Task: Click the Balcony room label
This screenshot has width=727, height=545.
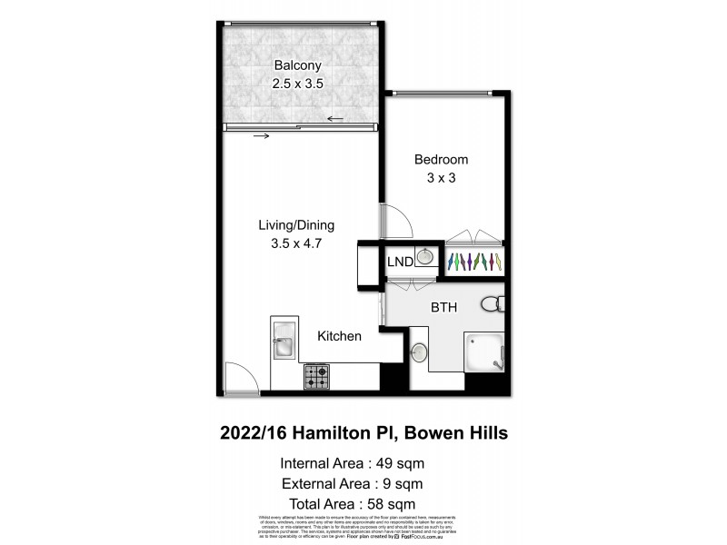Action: click(x=299, y=64)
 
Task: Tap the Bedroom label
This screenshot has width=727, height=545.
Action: click(x=441, y=160)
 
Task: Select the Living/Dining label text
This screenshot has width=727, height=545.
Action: click(x=297, y=225)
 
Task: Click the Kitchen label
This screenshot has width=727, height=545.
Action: click(x=339, y=336)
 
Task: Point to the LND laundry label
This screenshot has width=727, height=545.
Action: click(x=400, y=262)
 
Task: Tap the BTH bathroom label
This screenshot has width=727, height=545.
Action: click(x=443, y=308)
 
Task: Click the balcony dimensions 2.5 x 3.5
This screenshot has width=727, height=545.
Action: click(x=299, y=83)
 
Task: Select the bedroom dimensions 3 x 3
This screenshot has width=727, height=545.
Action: click(x=441, y=178)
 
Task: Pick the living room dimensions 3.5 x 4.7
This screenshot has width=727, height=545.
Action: click(x=297, y=243)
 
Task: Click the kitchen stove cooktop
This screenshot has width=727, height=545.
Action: click(x=317, y=376)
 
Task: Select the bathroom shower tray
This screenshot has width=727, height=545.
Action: click(x=486, y=353)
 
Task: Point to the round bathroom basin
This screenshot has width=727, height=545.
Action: click(x=421, y=352)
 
